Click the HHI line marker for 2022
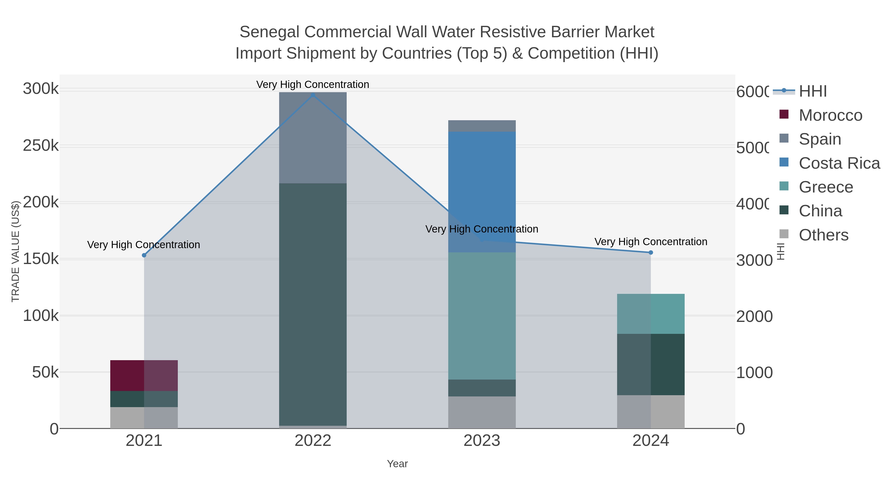click(x=313, y=95)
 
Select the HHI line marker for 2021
click(x=144, y=255)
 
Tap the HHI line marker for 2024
click(x=651, y=252)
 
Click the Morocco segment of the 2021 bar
click(x=144, y=376)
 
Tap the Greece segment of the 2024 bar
click(x=651, y=314)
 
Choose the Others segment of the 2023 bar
click(x=482, y=412)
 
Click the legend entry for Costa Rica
click(x=839, y=163)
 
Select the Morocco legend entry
click(x=830, y=115)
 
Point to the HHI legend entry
click(x=813, y=91)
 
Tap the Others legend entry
click(x=823, y=235)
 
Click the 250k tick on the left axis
click(x=41, y=146)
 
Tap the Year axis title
click(x=397, y=464)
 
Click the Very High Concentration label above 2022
click(x=313, y=84)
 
